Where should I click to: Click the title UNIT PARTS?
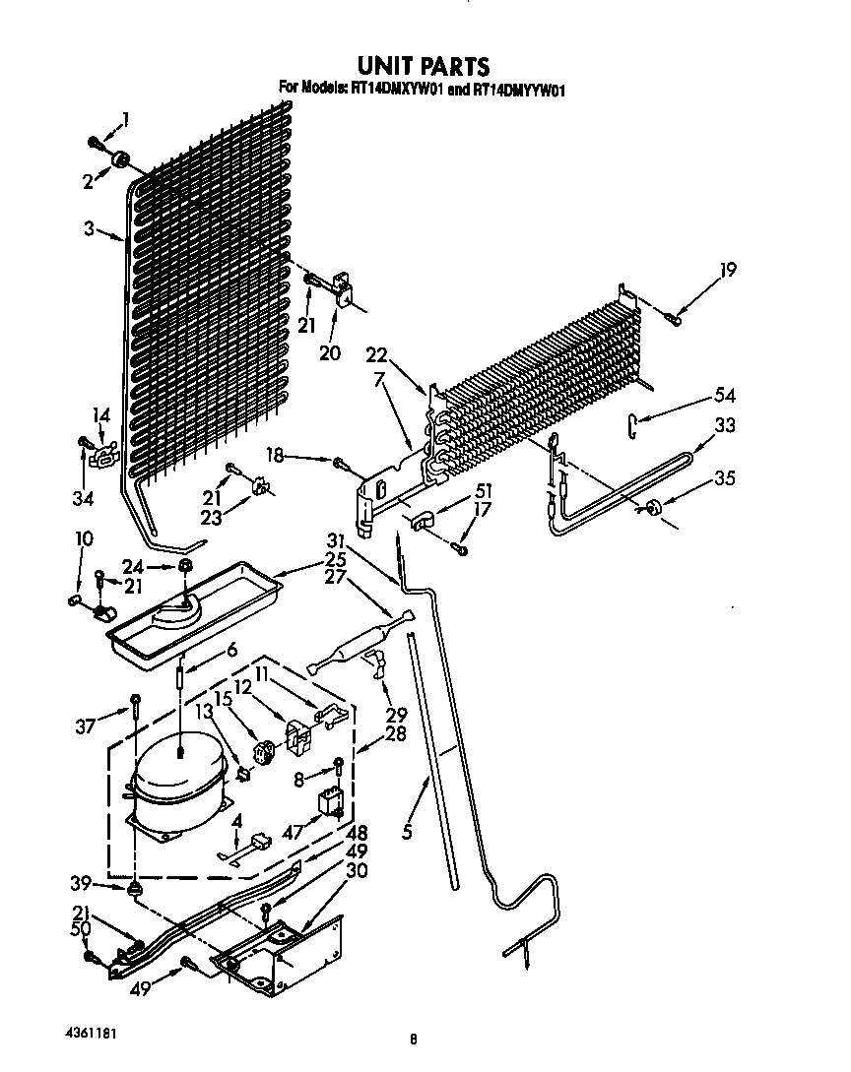pyautogui.click(x=423, y=66)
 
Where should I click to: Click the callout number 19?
pyautogui.click(x=728, y=270)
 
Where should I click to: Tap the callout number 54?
pyautogui.click(x=725, y=397)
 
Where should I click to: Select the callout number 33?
pyautogui.click(x=725, y=427)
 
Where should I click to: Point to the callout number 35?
pyautogui.click(x=725, y=480)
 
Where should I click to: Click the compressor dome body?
pyautogui.click(x=177, y=774)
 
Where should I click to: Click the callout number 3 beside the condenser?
pyautogui.click(x=89, y=229)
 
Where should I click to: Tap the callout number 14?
pyautogui.click(x=99, y=416)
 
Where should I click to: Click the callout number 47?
pyautogui.click(x=292, y=832)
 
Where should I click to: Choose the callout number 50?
pyautogui.click(x=81, y=928)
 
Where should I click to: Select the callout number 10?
pyautogui.click(x=84, y=538)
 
